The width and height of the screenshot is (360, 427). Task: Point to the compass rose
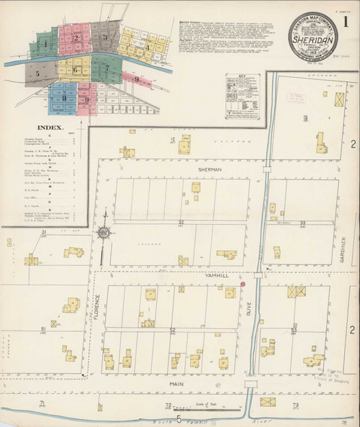[x=104, y=233]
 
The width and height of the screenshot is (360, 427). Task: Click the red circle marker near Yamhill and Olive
[x=243, y=284]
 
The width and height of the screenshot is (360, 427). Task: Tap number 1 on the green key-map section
[x=45, y=45]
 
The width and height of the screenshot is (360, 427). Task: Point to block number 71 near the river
[x=42, y=403]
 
